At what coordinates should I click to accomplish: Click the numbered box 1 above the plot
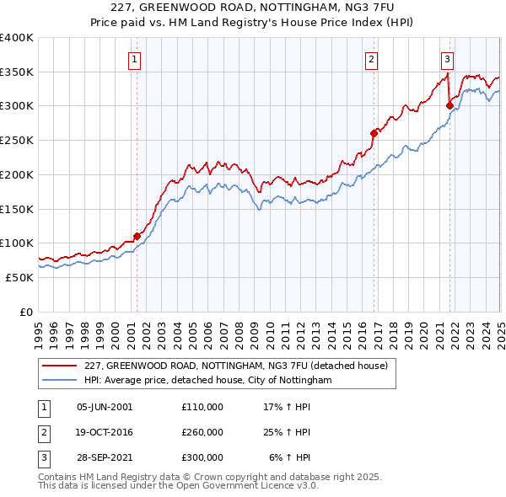point(136,59)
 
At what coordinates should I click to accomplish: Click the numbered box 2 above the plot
point(371,59)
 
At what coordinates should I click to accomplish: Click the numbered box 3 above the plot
point(447,59)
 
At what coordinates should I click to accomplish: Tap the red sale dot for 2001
point(137,236)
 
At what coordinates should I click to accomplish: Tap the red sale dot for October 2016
point(374,133)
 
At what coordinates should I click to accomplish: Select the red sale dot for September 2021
point(449,105)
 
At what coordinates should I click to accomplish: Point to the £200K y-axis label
point(16,174)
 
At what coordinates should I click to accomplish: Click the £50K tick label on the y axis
point(19,277)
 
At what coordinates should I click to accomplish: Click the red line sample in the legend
point(60,366)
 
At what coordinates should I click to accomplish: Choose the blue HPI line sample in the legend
point(60,381)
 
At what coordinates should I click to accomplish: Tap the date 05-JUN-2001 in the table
point(105,407)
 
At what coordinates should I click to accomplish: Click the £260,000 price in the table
point(202,432)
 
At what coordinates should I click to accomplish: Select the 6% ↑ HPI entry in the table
point(289,457)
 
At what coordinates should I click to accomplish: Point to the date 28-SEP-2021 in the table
point(105,457)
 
